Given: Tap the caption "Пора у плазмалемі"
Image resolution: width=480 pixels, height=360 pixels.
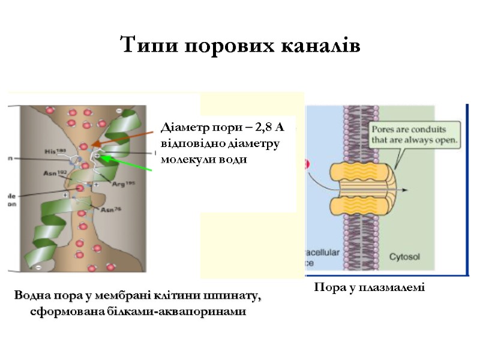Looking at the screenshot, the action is tap(369, 288).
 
